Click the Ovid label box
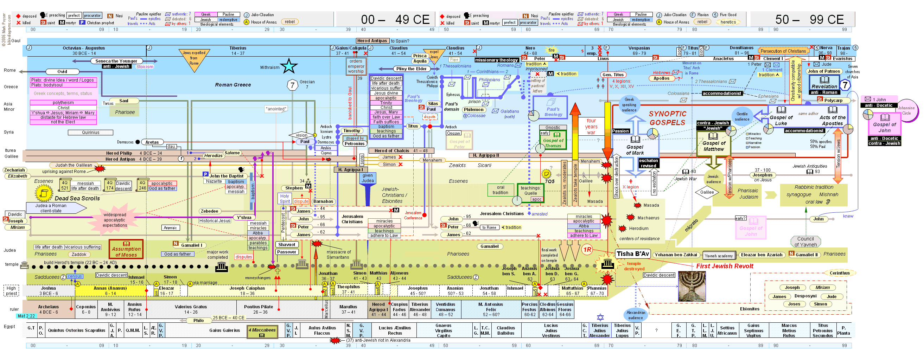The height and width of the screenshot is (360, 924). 62,72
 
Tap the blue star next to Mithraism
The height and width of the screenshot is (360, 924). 289,66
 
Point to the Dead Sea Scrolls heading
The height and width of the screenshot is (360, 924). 77,198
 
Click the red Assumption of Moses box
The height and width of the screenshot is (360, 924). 126,249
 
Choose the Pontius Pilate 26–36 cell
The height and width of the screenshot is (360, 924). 258,309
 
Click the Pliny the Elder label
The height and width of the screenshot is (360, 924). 411,69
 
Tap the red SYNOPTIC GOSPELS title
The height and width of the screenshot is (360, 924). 667,118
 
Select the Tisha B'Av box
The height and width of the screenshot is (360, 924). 632,254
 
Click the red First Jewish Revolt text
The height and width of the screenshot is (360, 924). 724,266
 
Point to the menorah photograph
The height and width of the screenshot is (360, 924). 692,286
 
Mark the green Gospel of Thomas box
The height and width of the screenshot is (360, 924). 553,141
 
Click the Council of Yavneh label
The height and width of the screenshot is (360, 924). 805,242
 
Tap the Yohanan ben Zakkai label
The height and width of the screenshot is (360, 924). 676,255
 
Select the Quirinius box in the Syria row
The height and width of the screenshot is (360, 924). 90,133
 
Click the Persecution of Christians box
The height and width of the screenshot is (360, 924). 783,51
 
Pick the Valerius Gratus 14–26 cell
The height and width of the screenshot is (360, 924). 191,309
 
